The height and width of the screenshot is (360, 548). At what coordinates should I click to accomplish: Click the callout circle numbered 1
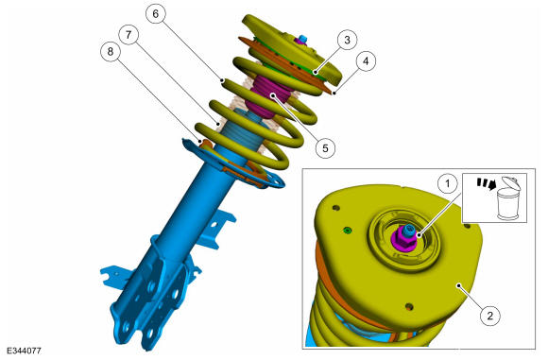[448, 182]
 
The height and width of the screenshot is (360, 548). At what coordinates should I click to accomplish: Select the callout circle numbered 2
[490, 316]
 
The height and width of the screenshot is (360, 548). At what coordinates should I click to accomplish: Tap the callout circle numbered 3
[347, 40]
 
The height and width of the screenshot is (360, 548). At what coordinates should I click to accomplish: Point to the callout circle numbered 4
[366, 61]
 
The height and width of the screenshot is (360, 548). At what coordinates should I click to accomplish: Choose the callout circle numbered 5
[325, 147]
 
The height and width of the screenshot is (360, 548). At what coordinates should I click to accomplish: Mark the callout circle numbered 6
[156, 13]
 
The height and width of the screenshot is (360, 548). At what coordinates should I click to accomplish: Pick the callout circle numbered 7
[128, 35]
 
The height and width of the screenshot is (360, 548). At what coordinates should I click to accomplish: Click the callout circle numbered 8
[111, 52]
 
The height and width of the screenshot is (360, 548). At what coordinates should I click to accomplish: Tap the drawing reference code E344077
[24, 351]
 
